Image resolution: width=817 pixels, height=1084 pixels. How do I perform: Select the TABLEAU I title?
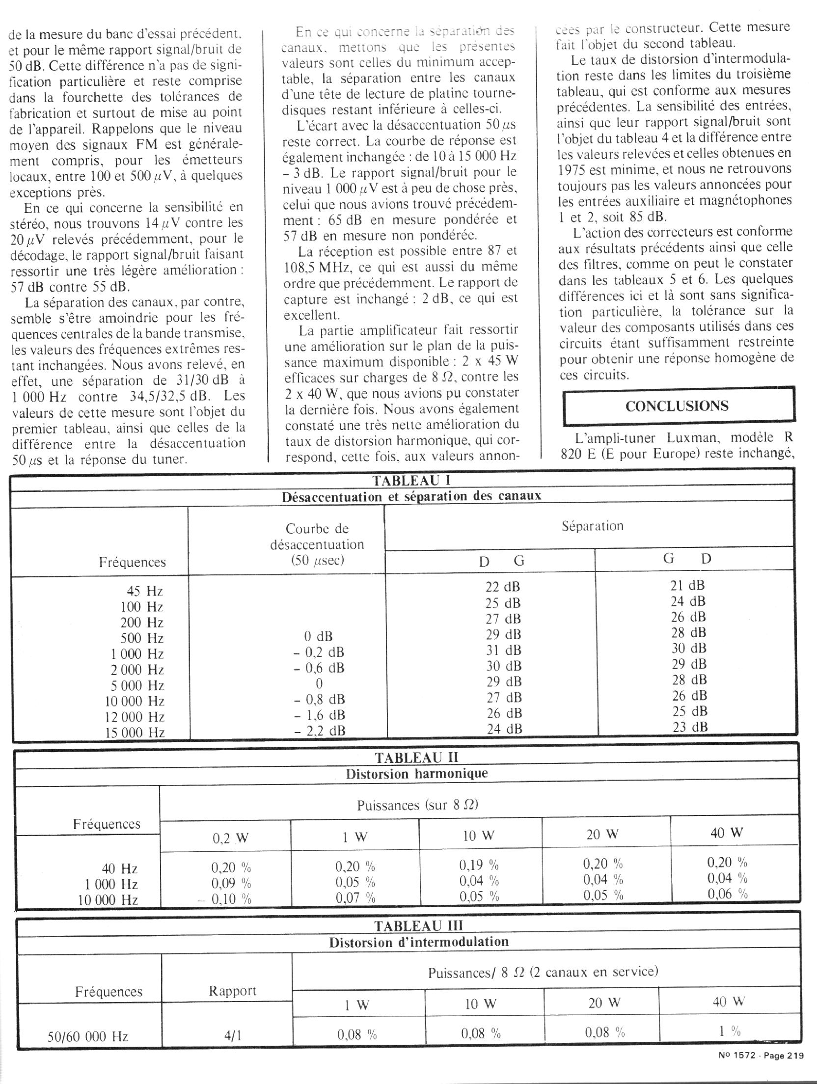[x=411, y=480]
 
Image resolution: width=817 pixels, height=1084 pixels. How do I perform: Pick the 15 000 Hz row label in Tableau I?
[x=135, y=733]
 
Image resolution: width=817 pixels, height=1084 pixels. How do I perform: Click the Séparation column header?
[x=592, y=526]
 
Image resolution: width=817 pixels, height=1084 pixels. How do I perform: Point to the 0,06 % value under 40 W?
[x=727, y=894]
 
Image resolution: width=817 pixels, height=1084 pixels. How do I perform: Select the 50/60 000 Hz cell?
[x=88, y=1036]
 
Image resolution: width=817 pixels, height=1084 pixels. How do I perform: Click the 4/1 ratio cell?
[x=233, y=1036]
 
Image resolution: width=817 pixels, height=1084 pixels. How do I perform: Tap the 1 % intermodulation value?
[x=730, y=1031]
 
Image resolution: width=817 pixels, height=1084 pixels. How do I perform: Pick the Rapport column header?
[x=233, y=991]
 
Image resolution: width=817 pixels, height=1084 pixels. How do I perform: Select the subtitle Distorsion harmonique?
[x=416, y=774]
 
